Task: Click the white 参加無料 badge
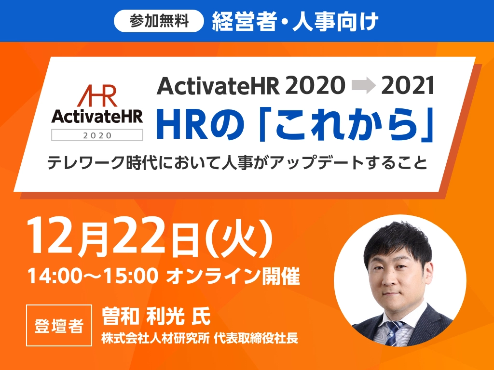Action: click(159, 21)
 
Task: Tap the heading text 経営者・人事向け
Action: click(295, 21)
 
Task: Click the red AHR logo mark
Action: click(96, 96)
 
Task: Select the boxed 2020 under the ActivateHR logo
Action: click(97, 135)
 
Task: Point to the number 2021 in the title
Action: click(408, 86)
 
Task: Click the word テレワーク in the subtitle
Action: click(86, 163)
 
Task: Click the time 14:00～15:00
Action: click(93, 276)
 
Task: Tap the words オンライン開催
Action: click(233, 276)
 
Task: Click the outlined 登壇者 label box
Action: click(59, 325)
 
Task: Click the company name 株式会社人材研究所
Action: click(155, 338)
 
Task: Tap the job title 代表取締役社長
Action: click(256, 338)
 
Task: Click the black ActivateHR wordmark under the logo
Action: click(97, 117)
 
